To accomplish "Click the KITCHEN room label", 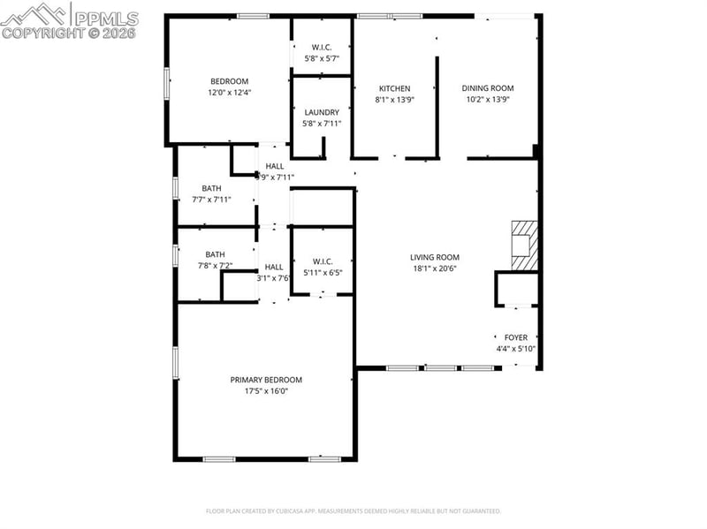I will click(x=394, y=88).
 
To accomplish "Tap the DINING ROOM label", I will click(x=489, y=88).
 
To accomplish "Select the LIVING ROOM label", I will click(x=434, y=257).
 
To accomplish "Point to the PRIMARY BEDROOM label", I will click(x=266, y=380).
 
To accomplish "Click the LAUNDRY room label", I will click(x=322, y=112).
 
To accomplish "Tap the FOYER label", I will click(x=515, y=337).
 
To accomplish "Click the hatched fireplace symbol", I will click(x=523, y=243).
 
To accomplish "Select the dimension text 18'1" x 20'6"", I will click(x=434, y=268).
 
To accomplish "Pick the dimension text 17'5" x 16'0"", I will click(x=266, y=391).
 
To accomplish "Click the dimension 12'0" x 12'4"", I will click(x=230, y=93).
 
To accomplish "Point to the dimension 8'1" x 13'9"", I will click(x=394, y=100).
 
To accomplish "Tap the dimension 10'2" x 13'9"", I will click(x=489, y=100).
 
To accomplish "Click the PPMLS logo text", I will click(x=106, y=18).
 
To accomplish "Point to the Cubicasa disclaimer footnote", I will click(x=353, y=510).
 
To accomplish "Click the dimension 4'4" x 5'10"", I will click(x=515, y=349).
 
